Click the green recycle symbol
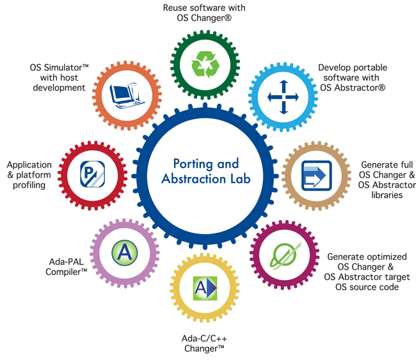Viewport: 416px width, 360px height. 205,65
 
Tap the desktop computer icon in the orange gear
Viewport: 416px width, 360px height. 127,95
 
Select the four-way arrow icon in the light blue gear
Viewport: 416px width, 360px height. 283,97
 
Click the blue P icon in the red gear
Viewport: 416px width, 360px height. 92,174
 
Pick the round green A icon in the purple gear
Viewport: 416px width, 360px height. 124,253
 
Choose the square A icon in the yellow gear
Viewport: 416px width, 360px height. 205,288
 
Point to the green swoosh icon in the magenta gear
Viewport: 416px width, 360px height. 285,256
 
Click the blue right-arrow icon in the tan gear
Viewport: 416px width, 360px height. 317,175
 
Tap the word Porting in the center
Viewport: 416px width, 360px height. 193,164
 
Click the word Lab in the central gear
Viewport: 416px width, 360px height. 241,178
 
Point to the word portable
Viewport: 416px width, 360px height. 371,68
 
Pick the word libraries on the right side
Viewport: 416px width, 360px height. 387,195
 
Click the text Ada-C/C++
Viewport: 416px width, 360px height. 204,338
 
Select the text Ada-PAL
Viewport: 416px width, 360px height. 67,262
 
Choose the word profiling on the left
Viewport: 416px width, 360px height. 29,185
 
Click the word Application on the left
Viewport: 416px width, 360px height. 29,165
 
